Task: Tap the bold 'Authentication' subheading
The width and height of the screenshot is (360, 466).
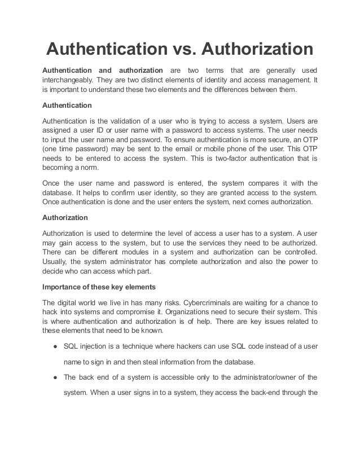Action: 68,105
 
